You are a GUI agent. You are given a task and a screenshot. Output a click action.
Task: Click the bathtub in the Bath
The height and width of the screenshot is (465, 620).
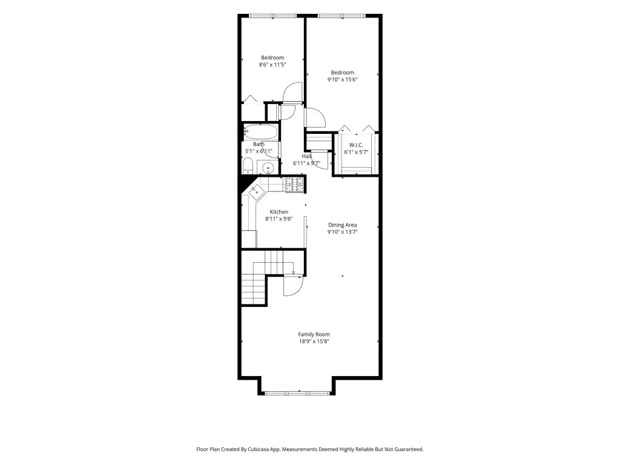[260, 131]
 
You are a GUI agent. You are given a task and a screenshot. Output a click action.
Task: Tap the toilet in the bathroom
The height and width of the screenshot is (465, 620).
[248, 166]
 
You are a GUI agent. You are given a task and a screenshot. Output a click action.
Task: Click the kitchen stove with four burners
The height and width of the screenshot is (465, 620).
[295, 185]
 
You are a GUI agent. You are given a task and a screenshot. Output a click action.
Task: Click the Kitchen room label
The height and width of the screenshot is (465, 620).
[279, 212]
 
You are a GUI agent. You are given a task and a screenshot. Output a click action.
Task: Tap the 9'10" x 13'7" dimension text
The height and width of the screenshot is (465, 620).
[343, 232]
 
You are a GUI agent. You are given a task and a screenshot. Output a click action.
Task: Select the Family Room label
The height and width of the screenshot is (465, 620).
[314, 334]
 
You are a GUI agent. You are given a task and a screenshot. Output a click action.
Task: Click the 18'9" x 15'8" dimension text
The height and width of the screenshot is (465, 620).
[314, 341]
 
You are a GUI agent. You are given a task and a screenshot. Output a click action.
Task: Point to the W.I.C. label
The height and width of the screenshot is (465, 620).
[356, 145]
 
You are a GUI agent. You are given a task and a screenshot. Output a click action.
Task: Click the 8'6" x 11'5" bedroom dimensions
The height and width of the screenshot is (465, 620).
[272, 64]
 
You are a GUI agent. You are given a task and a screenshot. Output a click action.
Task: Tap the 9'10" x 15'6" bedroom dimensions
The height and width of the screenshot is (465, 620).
[343, 79]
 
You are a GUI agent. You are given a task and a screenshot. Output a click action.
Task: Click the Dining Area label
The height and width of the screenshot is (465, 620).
[343, 225]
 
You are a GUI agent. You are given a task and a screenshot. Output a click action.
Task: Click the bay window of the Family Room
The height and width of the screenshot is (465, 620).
[297, 393]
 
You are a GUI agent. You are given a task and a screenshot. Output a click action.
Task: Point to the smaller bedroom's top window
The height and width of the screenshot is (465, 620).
[273, 16]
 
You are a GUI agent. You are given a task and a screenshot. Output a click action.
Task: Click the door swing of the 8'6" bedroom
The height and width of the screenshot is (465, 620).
[292, 93]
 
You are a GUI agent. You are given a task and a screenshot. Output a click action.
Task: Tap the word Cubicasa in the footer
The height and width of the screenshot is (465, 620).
[259, 449]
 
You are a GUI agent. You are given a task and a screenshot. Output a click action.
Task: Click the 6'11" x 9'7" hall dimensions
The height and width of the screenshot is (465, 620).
[306, 163]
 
